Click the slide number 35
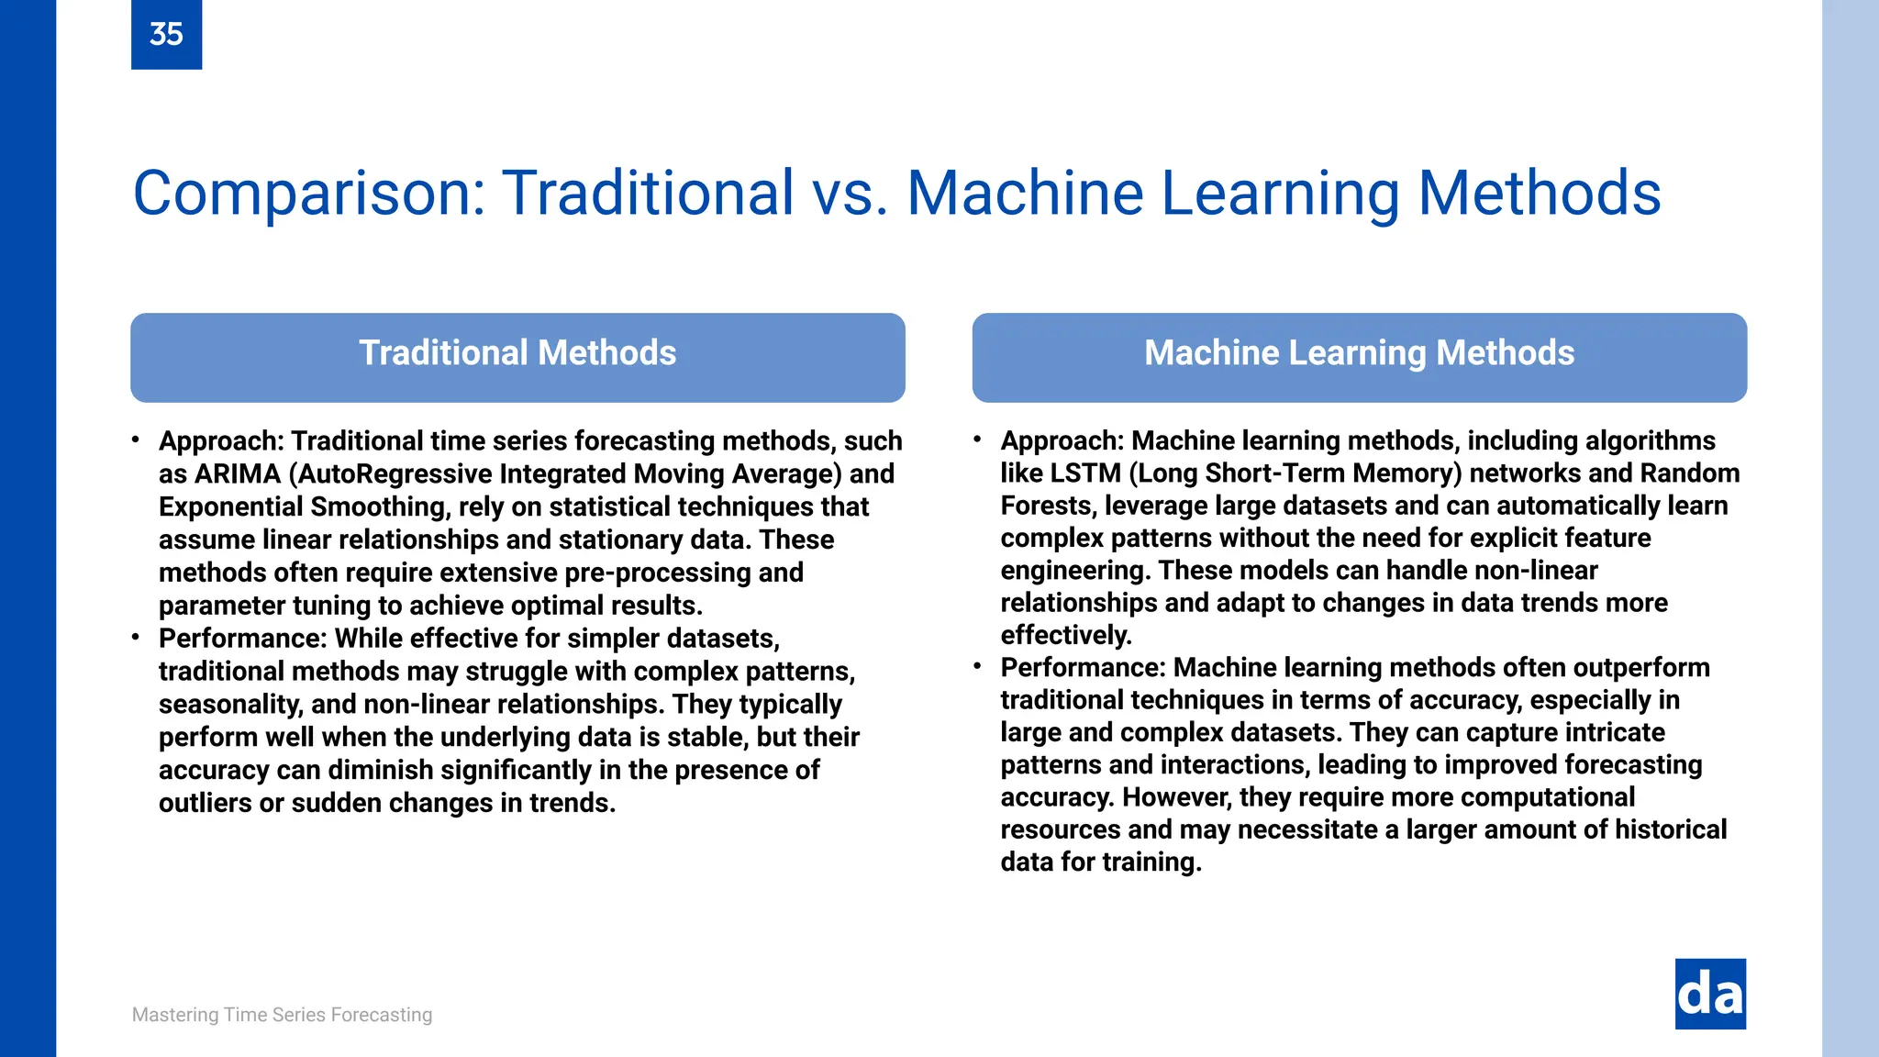pyautogui.click(x=166, y=34)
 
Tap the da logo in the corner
pyautogui.click(x=1710, y=995)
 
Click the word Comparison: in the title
pyautogui.click(x=309, y=194)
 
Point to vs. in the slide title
pyautogui.click(x=850, y=194)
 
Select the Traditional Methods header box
pyautogui.click(x=517, y=357)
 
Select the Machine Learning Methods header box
pyautogui.click(x=1359, y=357)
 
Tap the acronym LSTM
pyautogui.click(x=1085, y=473)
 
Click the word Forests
pyautogui.click(x=1046, y=506)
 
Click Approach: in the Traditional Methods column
pyautogui.click(x=221, y=441)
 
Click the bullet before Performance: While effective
pyautogui.click(x=136, y=637)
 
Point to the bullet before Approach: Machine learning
pyautogui.click(x=978, y=439)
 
